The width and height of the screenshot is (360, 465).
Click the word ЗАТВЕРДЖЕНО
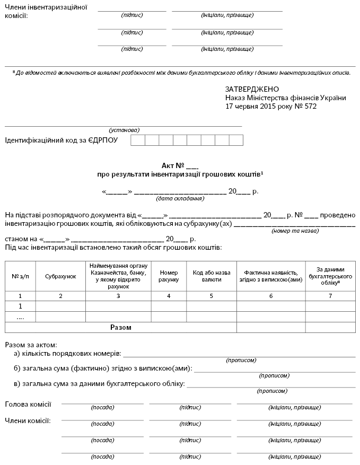click(252, 90)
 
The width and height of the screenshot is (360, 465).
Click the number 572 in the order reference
click(309, 106)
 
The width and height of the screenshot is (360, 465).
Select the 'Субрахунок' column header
click(60, 276)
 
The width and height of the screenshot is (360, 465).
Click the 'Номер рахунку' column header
click(169, 276)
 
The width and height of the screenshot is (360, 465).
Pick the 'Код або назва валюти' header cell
click(212, 276)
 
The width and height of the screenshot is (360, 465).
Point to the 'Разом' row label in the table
click(121, 328)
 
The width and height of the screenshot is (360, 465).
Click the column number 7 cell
click(330, 296)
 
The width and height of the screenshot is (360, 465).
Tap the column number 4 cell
click(169, 296)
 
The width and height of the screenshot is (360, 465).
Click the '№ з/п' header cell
click(20, 276)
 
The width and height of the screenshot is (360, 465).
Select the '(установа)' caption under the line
click(124, 130)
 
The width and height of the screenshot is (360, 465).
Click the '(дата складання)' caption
click(180, 199)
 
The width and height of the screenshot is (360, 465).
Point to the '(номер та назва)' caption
click(294, 231)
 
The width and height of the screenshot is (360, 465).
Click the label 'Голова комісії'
click(28, 405)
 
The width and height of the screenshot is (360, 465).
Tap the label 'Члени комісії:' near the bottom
click(28, 420)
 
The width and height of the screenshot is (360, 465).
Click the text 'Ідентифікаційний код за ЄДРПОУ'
click(61, 141)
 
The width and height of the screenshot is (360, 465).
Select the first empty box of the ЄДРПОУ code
click(137, 141)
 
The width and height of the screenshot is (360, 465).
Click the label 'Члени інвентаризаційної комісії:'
click(46, 11)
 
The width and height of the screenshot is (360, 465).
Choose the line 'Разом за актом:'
click(31, 345)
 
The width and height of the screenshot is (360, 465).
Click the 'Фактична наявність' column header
click(271, 276)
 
